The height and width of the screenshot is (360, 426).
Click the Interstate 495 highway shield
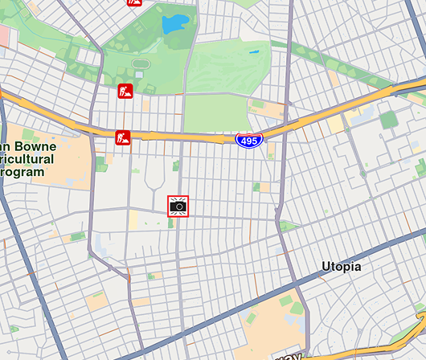click(249, 141)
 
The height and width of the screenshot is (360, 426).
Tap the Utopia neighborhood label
click(341, 266)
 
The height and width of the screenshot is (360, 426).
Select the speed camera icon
click(178, 206)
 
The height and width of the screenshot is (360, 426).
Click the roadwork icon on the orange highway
click(122, 137)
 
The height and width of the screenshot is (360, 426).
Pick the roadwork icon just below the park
click(124, 91)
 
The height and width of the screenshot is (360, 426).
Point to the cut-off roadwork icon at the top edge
click(133, 2)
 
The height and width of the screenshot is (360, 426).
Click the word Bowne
click(40, 147)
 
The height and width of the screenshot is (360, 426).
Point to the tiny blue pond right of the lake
click(254, 52)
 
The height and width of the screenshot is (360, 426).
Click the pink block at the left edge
click(6, 35)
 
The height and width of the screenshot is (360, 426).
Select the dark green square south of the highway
click(389, 120)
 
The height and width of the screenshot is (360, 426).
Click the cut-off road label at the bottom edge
click(289, 355)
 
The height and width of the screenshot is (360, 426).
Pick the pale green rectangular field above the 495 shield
click(212, 112)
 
